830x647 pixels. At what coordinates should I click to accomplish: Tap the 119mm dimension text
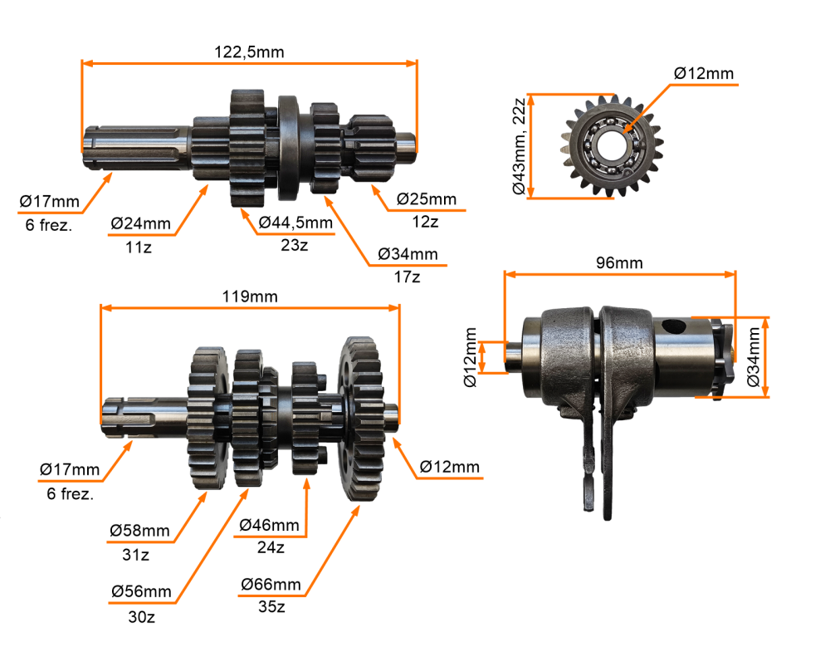250,297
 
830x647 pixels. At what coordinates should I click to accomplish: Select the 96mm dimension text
619,263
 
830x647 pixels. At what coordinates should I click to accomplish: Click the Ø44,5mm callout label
295,223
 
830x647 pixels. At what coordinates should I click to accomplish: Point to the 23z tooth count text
295,245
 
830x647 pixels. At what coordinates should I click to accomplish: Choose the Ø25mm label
426,199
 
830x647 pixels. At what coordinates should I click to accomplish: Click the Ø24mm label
140,223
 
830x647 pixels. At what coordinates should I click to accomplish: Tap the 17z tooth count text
407,277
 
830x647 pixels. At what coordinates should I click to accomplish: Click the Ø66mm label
271,585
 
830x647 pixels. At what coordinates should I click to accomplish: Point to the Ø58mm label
139,531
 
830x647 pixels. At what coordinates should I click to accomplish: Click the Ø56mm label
141,592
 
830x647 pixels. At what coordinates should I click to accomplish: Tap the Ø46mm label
270,525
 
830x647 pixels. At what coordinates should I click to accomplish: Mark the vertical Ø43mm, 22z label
519,146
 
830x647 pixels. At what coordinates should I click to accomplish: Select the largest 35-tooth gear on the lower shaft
362,419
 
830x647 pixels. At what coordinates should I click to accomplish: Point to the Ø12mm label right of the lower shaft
449,467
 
